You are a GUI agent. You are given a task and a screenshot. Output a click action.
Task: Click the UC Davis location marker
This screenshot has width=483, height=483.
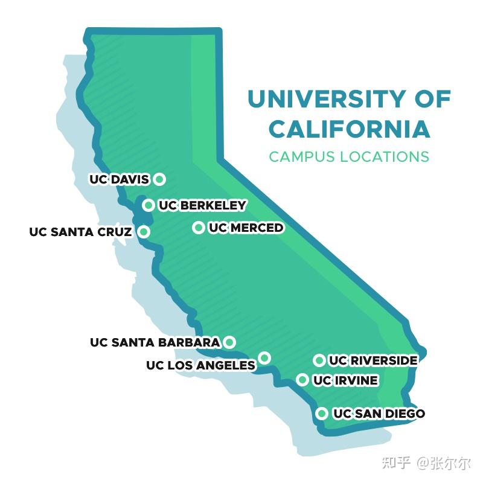(x=159, y=179)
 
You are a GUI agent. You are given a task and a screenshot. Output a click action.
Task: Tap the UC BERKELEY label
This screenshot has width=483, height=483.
(x=202, y=206)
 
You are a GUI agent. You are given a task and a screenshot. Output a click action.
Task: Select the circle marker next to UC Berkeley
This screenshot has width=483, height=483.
(x=148, y=206)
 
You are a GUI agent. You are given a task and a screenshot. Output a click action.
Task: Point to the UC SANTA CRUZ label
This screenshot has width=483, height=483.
(x=80, y=232)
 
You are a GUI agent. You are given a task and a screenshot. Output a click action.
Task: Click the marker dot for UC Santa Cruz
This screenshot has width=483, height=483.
(x=144, y=231)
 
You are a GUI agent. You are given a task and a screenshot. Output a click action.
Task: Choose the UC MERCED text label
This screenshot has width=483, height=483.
(x=246, y=228)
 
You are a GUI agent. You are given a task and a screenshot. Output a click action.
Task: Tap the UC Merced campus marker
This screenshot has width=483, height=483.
(x=198, y=228)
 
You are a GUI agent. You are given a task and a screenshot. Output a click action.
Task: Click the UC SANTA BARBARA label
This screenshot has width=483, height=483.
(x=155, y=342)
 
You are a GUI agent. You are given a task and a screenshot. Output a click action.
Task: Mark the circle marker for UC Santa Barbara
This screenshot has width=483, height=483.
(x=229, y=342)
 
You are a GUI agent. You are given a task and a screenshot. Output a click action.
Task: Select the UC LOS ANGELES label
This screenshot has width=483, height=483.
(x=200, y=365)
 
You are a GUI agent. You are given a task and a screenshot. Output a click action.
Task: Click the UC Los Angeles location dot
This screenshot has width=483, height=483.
(x=264, y=358)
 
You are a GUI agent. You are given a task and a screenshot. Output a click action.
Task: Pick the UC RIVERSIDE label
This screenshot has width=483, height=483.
(x=373, y=360)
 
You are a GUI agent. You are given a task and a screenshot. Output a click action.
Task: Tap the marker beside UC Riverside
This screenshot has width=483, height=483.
(x=319, y=360)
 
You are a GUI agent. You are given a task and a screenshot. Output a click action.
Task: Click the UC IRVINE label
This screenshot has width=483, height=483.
(x=345, y=380)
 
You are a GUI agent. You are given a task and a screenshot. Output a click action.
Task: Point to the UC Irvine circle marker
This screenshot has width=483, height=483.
(x=302, y=380)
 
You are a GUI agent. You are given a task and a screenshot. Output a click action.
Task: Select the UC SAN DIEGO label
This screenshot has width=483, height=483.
(x=379, y=414)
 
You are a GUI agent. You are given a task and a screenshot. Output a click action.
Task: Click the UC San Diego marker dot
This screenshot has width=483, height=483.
(x=322, y=414)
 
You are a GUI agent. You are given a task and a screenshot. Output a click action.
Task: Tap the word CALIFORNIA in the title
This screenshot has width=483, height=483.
(x=349, y=129)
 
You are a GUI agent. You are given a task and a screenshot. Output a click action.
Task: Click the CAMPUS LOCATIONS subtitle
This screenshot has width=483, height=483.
(x=349, y=156)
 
